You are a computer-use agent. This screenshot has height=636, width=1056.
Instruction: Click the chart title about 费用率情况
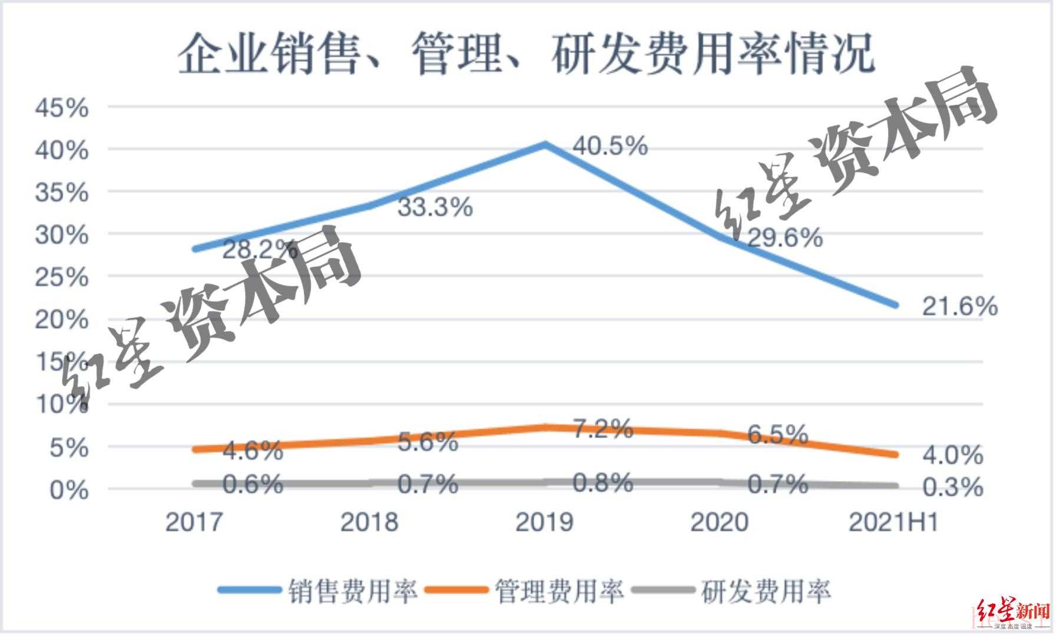tap(526, 55)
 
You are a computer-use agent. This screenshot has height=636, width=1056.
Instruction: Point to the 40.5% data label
tap(610, 145)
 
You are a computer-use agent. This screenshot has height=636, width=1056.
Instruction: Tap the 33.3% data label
tap(435, 207)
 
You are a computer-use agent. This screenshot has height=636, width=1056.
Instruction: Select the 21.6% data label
tap(959, 306)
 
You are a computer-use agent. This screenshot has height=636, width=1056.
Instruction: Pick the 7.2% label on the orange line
tap(603, 429)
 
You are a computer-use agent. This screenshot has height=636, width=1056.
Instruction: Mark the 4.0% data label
tap(952, 455)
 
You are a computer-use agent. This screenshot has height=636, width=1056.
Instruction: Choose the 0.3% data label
tap(952, 487)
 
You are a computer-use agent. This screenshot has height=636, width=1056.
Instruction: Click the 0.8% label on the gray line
tap(603, 483)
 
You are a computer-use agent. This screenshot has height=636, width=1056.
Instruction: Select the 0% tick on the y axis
tap(69, 490)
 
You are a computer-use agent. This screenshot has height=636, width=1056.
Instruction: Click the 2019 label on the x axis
tap(544, 522)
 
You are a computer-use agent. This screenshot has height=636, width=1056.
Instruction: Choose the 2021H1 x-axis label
tap(893, 522)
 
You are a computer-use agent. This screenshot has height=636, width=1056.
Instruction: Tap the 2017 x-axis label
tap(194, 522)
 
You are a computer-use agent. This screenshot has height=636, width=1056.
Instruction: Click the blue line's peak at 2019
tap(545, 144)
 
